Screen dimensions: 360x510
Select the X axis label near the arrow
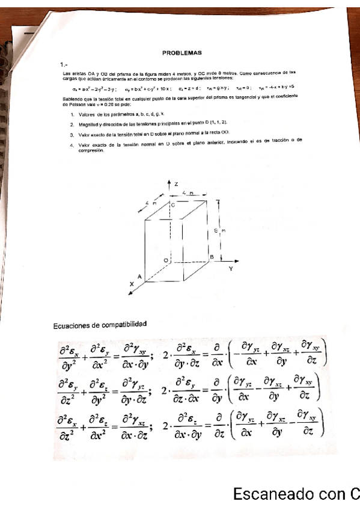point(131,283)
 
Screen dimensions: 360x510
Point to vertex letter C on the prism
point(173,205)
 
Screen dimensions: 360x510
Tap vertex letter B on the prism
point(212,257)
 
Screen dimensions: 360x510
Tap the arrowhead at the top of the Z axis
point(170,180)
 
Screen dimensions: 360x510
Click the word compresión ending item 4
point(91,151)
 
